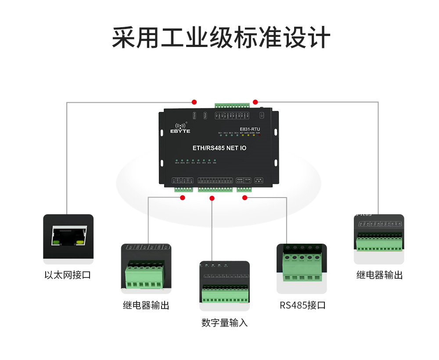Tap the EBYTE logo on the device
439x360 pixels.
tap(180, 128)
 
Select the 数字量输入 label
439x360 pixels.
tap(224, 323)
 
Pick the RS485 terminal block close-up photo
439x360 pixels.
tap(302, 268)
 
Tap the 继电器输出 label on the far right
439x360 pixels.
tap(379, 275)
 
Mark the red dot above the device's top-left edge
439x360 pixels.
tap(194, 102)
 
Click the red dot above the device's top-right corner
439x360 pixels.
tap(255, 102)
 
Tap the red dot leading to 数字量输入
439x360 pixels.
tap(212, 198)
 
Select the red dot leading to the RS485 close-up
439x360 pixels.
tap(245, 198)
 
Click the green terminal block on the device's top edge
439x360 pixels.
tap(232, 105)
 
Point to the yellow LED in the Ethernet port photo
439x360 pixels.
tap(80, 241)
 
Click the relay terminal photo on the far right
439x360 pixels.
tap(379, 239)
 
